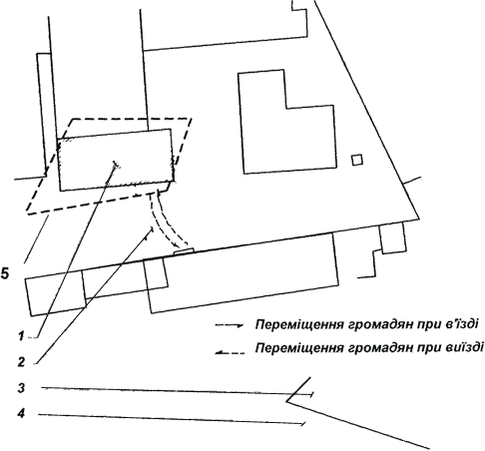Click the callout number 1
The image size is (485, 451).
click(22, 336)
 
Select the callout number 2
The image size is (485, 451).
click(22, 362)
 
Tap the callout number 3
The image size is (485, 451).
click(21, 388)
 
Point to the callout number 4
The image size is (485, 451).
click(21, 414)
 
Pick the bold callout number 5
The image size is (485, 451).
click(5, 274)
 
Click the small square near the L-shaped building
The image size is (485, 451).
click(357, 160)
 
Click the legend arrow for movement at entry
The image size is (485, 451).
click(230, 325)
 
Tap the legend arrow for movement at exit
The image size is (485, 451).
click(230, 352)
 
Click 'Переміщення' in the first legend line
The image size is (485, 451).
click(299, 324)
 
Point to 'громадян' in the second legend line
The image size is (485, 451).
click(377, 348)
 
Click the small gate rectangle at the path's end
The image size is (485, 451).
click(184, 251)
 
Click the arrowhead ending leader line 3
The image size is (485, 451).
click(310, 394)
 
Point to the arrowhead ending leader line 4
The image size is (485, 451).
click(303, 424)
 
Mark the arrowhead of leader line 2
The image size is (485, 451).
click(151, 230)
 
